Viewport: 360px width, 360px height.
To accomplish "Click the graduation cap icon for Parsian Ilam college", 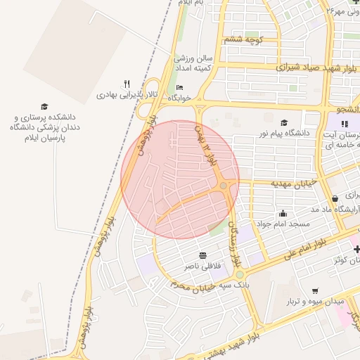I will pos(44,105).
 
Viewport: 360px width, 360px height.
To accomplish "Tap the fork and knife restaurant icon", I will pos(127,83).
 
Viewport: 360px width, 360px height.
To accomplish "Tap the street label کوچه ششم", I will pos(243,40).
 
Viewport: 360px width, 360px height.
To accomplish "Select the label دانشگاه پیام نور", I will pos(284,132).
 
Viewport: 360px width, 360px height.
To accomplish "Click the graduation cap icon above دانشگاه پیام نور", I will pos(284,122).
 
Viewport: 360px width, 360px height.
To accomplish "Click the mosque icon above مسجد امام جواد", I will pos(283,213).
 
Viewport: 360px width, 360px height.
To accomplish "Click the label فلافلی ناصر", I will pos(202,266).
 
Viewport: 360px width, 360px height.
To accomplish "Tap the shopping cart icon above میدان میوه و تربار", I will pos(314,290).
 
